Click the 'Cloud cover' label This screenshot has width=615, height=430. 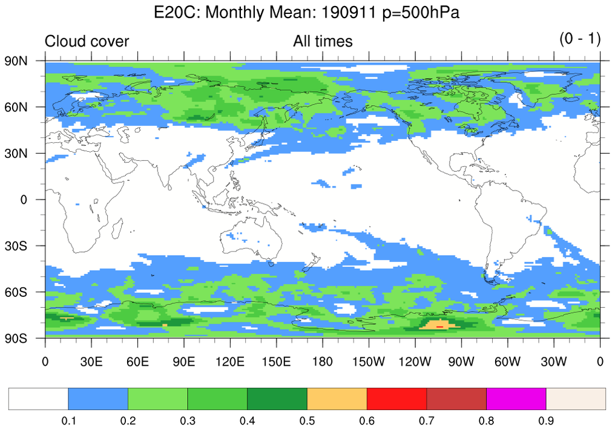click(87, 41)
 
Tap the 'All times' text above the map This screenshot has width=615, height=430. click(323, 41)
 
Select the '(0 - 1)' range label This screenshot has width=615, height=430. click(579, 39)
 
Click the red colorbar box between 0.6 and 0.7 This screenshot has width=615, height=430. click(397, 399)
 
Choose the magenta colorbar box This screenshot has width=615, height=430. click(516, 399)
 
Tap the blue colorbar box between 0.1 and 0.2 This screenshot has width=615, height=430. click(98, 399)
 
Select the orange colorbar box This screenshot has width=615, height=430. click(337, 399)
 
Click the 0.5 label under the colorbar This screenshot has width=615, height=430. click(307, 420)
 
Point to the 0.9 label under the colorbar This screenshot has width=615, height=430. click(546, 420)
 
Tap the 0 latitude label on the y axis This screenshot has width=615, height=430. click(24, 200)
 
